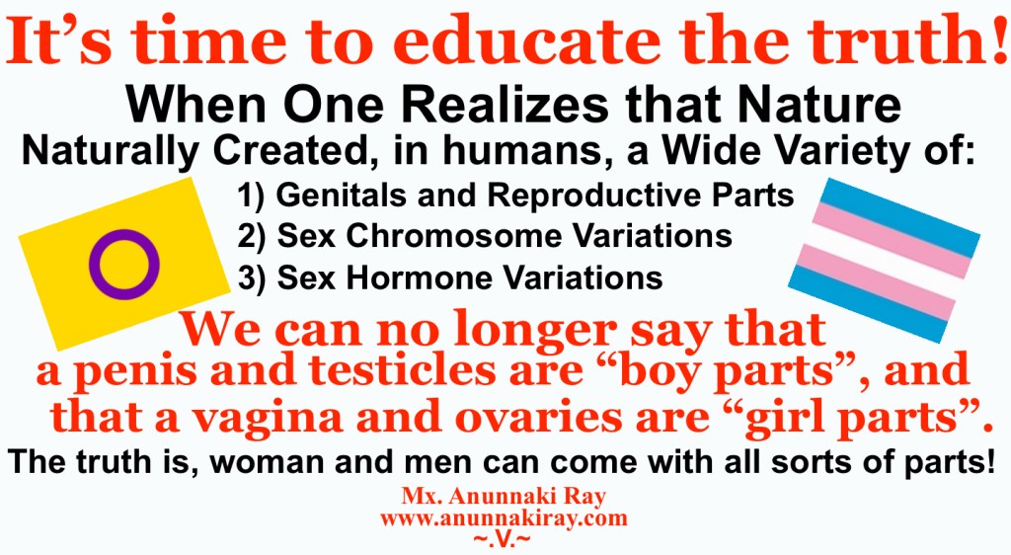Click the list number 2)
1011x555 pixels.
coord(254,237)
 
